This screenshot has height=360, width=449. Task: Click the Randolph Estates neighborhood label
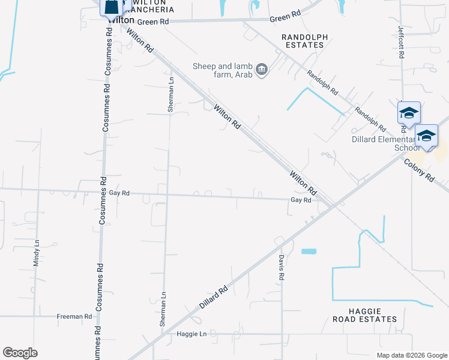(305, 41)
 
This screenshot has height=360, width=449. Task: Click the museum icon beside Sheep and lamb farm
(262, 70)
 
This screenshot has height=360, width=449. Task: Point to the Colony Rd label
(418, 170)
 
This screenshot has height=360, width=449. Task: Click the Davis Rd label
(280, 267)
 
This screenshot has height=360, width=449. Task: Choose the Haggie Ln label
(191, 334)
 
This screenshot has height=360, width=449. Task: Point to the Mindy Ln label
(36, 253)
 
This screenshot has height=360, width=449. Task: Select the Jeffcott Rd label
(401, 41)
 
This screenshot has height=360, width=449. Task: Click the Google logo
(20, 353)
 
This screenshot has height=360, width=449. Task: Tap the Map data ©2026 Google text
(412, 355)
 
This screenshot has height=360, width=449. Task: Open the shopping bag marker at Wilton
(111, 8)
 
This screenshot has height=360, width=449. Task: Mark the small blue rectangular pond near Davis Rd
(309, 251)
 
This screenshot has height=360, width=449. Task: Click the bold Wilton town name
(121, 20)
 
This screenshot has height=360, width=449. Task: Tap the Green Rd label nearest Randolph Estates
(285, 18)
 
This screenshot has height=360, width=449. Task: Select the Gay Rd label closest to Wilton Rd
(301, 200)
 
